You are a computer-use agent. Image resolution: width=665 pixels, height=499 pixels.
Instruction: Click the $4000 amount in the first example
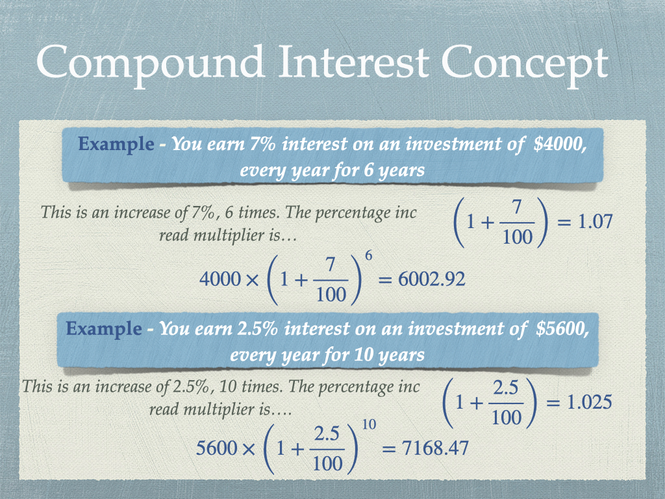pos(560,144)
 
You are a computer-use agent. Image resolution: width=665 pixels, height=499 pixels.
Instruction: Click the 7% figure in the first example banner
pos(262,144)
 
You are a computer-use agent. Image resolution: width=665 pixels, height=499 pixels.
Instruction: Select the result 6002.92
pos(432,279)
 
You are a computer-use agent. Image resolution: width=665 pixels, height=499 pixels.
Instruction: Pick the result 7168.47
pos(435,448)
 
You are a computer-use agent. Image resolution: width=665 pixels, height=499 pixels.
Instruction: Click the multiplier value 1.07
pos(596,222)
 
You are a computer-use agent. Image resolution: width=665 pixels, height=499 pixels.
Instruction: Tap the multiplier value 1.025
pos(590,402)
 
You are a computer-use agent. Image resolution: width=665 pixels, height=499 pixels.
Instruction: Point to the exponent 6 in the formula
pos(369,256)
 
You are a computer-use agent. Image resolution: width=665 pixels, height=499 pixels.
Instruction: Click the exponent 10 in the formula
pos(369,424)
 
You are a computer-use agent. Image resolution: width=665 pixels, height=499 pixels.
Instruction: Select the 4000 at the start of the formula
pos(220,279)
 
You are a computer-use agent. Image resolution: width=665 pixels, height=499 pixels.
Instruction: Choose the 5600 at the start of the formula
pos(217,448)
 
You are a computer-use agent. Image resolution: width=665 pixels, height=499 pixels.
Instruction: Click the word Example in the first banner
pos(116,145)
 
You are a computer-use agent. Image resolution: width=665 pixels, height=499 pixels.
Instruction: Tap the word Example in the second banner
pos(103,329)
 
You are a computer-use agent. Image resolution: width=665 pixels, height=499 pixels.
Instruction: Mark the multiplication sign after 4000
pos(252,280)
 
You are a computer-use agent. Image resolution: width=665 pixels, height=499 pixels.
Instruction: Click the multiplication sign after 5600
pos(249,449)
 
